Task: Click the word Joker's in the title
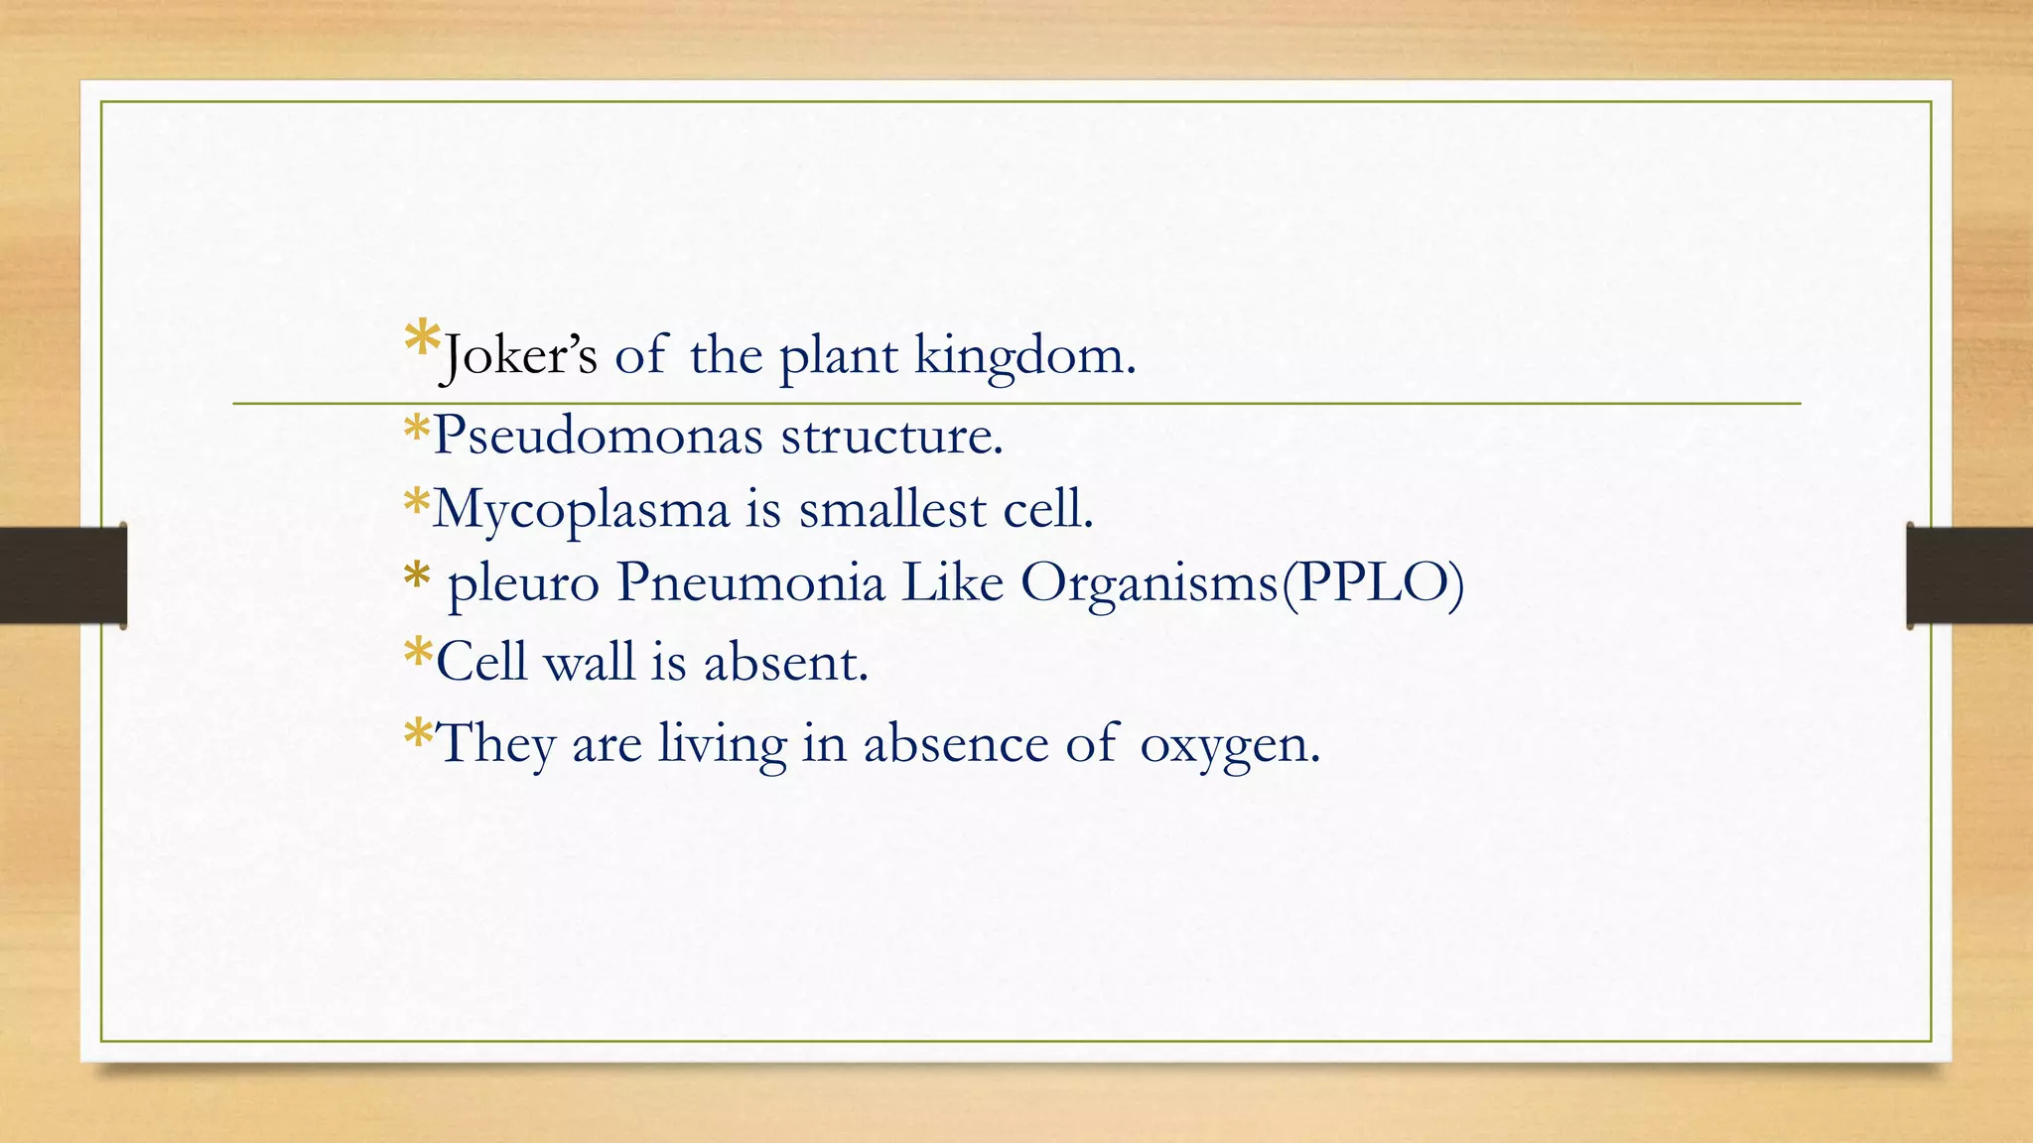[x=519, y=355]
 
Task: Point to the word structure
[x=891, y=436]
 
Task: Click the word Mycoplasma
[x=581, y=510]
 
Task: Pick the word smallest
[x=892, y=509]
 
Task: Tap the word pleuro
[x=523, y=583]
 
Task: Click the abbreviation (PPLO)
[x=1372, y=582]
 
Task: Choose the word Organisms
[x=1150, y=583]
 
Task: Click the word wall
[x=589, y=662]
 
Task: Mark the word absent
[x=785, y=662]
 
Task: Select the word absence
[x=955, y=743]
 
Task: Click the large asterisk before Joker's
[x=422, y=340]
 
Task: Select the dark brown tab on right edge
[x=1969, y=575]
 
